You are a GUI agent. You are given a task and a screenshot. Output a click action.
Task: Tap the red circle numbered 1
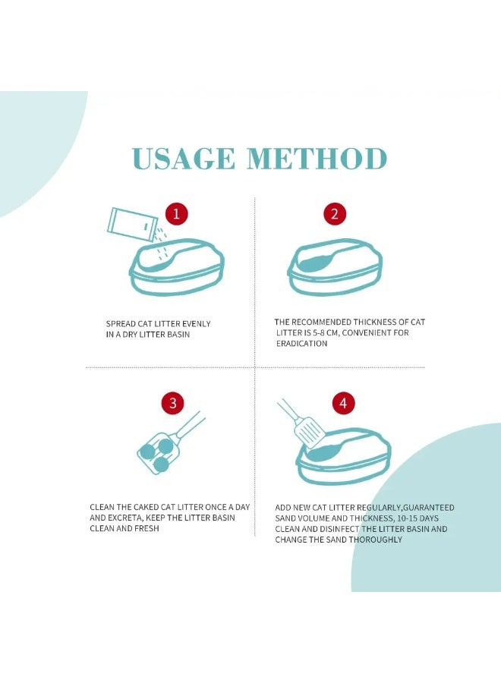pyautogui.click(x=176, y=214)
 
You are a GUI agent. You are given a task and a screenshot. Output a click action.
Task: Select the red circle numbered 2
pyautogui.click(x=335, y=214)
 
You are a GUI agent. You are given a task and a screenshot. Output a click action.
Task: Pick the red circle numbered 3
pyautogui.click(x=173, y=403)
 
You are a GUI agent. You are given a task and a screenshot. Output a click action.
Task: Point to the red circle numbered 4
pyautogui.click(x=343, y=403)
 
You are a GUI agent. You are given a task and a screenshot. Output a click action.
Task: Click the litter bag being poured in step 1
pyautogui.click(x=132, y=223)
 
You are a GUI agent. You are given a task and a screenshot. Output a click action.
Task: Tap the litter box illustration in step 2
pyautogui.click(x=335, y=266)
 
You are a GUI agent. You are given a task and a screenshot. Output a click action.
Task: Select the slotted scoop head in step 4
pyautogui.click(x=309, y=432)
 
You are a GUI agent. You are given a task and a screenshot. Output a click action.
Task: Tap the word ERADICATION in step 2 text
pyautogui.click(x=301, y=343)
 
